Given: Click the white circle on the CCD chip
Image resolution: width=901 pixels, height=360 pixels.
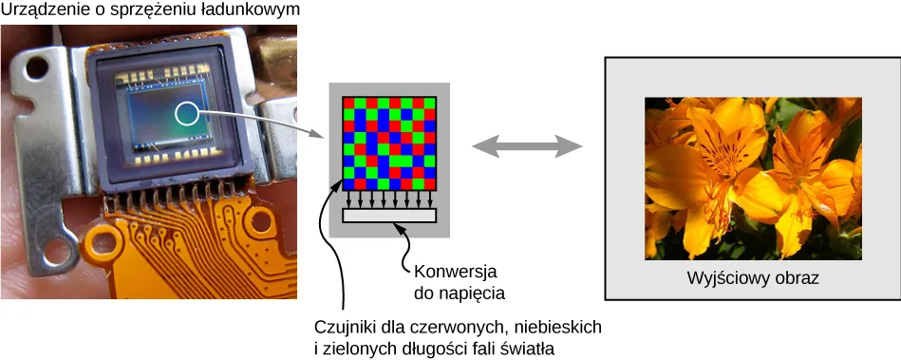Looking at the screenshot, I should click(187, 115).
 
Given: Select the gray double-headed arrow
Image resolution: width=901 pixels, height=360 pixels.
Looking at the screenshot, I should click(527, 145).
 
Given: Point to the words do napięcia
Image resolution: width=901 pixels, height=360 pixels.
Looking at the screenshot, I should click(459, 292).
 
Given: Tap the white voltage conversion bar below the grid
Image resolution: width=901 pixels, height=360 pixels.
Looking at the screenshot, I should click(389, 216).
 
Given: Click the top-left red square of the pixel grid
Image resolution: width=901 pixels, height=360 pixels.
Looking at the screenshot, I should click(348, 102).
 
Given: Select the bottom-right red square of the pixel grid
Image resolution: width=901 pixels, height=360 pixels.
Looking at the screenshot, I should click(430, 184).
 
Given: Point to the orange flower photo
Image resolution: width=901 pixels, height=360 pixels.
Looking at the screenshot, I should click(753, 178).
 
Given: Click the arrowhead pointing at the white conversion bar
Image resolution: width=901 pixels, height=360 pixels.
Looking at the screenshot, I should click(403, 228).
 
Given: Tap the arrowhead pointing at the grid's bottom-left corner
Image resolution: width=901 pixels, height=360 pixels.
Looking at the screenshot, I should click(339, 184).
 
